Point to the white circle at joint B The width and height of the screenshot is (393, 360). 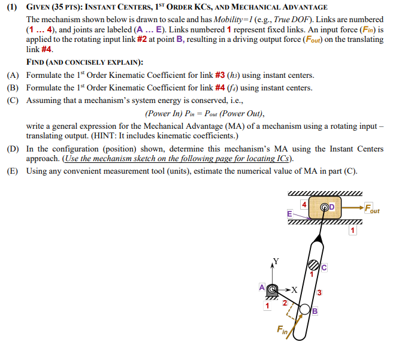pyautogui.click(x=305, y=310)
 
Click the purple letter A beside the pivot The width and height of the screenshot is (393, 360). pyautogui.click(x=262, y=287)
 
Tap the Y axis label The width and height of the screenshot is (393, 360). pyautogui.click(x=276, y=261)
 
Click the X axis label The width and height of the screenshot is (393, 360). pyautogui.click(x=294, y=289)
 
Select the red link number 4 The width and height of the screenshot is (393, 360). pyautogui.click(x=304, y=204)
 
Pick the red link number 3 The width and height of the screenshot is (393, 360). pyautogui.click(x=320, y=292)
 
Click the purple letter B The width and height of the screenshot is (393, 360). pyautogui.click(x=315, y=310)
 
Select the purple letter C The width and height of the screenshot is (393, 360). pyautogui.click(x=324, y=267)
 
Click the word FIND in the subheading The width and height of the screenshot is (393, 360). pyautogui.click(x=37, y=62)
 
